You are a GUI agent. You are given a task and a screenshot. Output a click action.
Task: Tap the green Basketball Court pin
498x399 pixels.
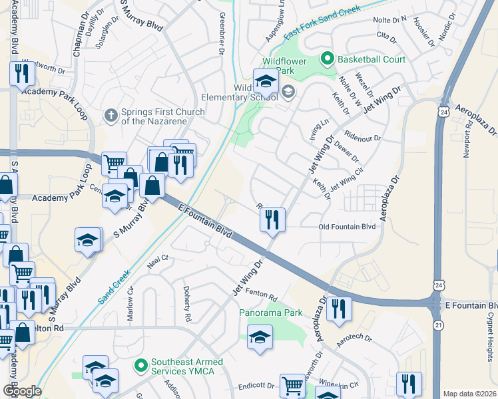327,59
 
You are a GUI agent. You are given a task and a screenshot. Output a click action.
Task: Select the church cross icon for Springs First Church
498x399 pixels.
112,116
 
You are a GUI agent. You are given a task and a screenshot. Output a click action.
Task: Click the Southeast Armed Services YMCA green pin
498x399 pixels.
140,365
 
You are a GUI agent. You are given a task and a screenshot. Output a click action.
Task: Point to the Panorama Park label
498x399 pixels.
271,313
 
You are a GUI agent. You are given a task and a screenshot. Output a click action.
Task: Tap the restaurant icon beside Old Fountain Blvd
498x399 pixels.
272,219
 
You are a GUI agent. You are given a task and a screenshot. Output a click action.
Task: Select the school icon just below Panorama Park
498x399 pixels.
260,336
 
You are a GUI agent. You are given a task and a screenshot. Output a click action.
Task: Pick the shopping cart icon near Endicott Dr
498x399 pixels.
292,385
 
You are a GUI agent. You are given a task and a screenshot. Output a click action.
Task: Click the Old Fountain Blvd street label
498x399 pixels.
347,227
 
